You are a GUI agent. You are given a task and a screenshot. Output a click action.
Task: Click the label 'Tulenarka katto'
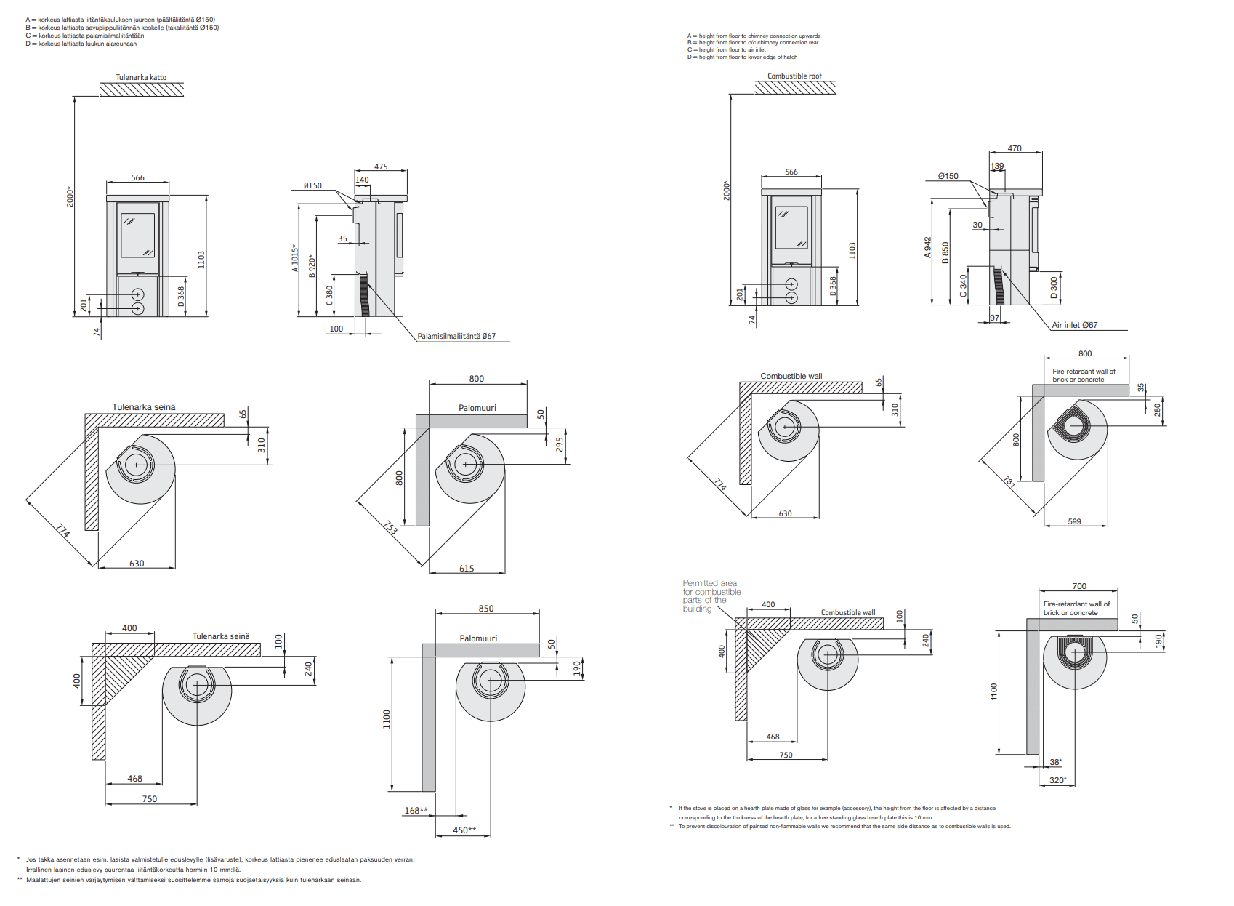point(141,77)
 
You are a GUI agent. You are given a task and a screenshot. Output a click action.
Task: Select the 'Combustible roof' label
point(794,76)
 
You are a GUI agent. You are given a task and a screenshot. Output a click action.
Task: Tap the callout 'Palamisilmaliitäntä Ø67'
point(456,336)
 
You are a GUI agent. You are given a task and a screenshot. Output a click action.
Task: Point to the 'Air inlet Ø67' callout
point(1075,325)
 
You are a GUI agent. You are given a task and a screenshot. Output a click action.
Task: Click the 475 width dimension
point(380,167)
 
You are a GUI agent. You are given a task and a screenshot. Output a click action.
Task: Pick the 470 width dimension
point(1015,148)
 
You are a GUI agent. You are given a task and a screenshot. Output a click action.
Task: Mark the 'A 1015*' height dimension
point(295,258)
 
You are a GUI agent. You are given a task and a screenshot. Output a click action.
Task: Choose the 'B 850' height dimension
point(945,253)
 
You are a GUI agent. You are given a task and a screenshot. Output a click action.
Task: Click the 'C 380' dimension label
point(329,295)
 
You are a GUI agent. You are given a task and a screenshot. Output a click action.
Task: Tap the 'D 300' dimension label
point(1054,286)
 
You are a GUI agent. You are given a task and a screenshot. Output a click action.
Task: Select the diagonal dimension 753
point(390,527)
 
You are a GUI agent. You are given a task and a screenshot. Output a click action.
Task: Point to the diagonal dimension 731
point(1009,481)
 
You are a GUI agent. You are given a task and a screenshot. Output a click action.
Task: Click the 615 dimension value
point(467,569)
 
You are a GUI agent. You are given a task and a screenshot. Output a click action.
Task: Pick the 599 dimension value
point(1074,521)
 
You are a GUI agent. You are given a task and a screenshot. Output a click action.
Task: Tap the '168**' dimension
point(416,811)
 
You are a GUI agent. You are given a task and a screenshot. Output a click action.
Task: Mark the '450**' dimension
point(464,830)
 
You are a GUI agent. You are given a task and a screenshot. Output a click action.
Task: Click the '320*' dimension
point(1057,780)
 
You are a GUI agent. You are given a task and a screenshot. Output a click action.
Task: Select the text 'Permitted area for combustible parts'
point(711,596)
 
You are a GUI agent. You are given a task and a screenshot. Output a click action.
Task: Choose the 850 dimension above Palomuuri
point(486,609)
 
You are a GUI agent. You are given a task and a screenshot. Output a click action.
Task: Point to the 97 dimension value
point(994,318)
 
